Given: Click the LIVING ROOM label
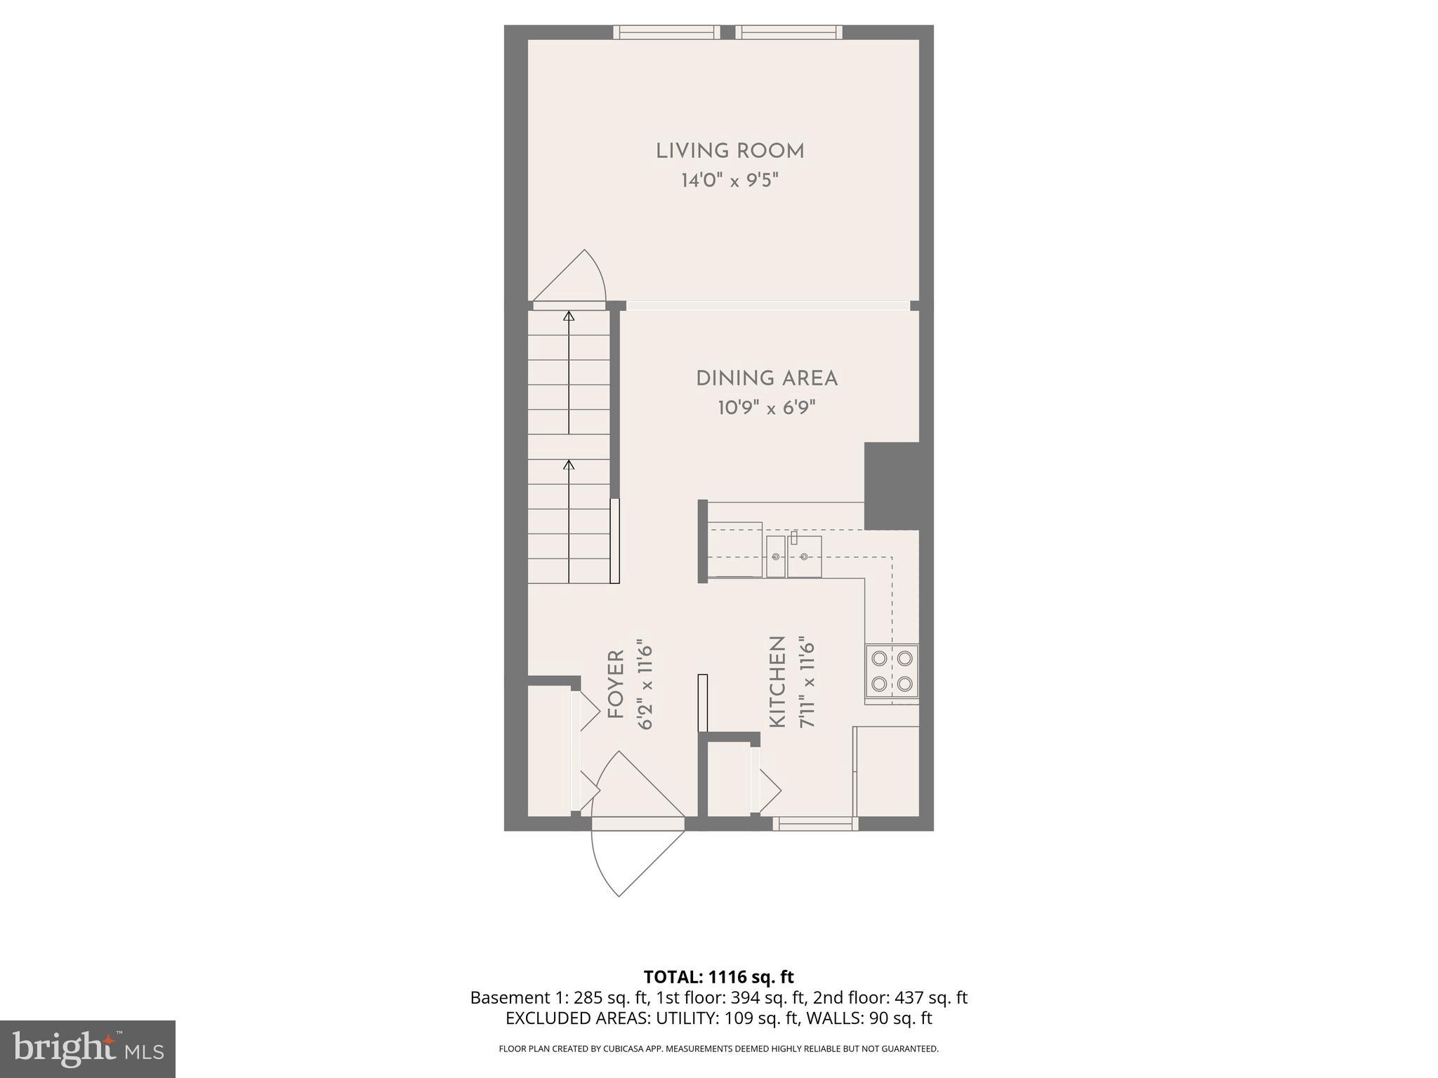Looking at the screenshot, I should point(730,152).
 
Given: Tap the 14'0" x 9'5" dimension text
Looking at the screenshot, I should point(730,181).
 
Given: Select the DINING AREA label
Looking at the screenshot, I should point(766,379).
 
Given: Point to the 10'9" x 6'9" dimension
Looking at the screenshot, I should point(766,408).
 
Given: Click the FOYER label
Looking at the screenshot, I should point(616,684).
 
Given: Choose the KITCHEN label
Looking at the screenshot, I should point(777,681).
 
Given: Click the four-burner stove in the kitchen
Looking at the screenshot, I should point(891,671).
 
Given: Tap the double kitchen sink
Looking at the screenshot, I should point(793,557).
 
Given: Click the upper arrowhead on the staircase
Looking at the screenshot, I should point(569,317).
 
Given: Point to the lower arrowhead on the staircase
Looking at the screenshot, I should point(569,465).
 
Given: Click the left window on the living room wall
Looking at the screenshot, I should point(666,32).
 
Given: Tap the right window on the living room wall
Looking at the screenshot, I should point(789,32).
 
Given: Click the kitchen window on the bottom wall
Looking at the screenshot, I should point(812,824).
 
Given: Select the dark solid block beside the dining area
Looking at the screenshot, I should point(891,486).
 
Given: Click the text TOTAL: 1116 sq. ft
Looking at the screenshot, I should point(718,977).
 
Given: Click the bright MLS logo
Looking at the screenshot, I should point(88,1049).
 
